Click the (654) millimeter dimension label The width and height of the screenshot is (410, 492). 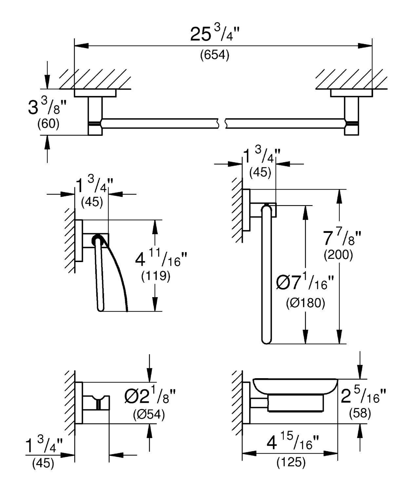click(215, 55)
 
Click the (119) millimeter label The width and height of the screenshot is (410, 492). click(156, 277)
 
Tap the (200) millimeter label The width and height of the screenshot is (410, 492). click(338, 255)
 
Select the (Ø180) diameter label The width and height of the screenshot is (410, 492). click(305, 303)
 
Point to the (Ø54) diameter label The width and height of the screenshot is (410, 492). click(149, 415)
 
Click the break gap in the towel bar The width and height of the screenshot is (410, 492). click(222, 123)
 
